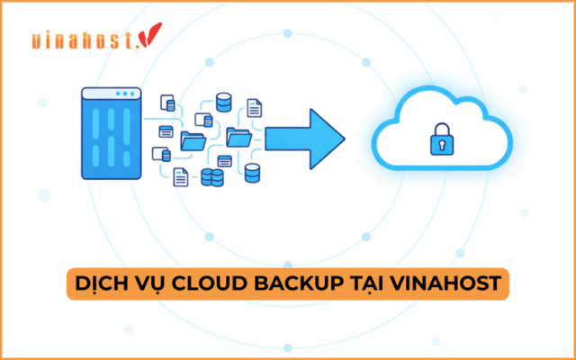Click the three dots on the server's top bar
point(130,94)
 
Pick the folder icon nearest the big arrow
point(239,137)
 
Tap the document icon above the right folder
point(256,109)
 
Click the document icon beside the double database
point(181,176)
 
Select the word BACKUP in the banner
point(307,285)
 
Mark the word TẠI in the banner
point(374,285)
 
